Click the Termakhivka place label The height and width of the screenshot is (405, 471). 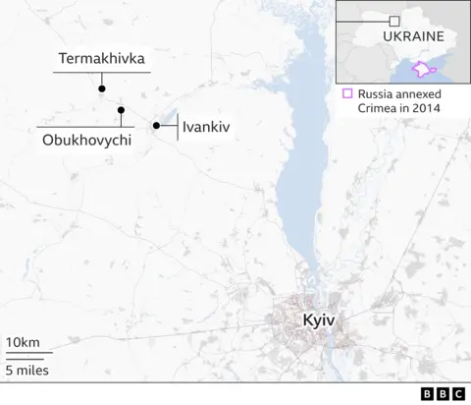click(x=101, y=59)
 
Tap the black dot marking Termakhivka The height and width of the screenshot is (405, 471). click(x=101, y=88)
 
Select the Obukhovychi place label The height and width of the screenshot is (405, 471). click(x=84, y=142)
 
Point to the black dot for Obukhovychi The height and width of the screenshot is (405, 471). click(x=121, y=109)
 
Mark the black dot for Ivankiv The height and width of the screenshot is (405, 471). click(x=156, y=125)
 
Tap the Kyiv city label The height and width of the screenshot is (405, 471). click(x=320, y=320)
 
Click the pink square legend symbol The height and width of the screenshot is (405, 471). click(x=346, y=94)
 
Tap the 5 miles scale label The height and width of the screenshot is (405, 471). click(x=27, y=371)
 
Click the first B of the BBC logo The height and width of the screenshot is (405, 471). click(x=427, y=392)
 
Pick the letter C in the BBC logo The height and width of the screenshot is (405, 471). click(x=457, y=392)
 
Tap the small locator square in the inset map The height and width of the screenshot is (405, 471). click(x=393, y=20)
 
